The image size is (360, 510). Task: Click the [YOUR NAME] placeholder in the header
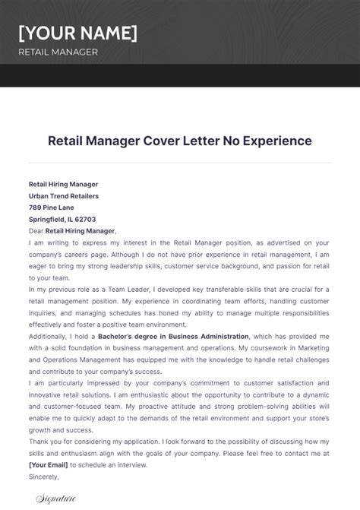78,33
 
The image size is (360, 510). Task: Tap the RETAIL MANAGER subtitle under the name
58,52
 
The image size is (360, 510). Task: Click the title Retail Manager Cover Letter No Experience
180,141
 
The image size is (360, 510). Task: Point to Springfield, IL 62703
62,219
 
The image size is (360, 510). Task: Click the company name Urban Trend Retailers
64,196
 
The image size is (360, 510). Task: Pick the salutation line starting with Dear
72,230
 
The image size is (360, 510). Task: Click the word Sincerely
44,476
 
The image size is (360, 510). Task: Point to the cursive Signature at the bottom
57,499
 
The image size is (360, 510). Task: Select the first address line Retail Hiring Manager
63,184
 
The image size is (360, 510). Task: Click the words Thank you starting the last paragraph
45,441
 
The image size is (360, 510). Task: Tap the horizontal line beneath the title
180,162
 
